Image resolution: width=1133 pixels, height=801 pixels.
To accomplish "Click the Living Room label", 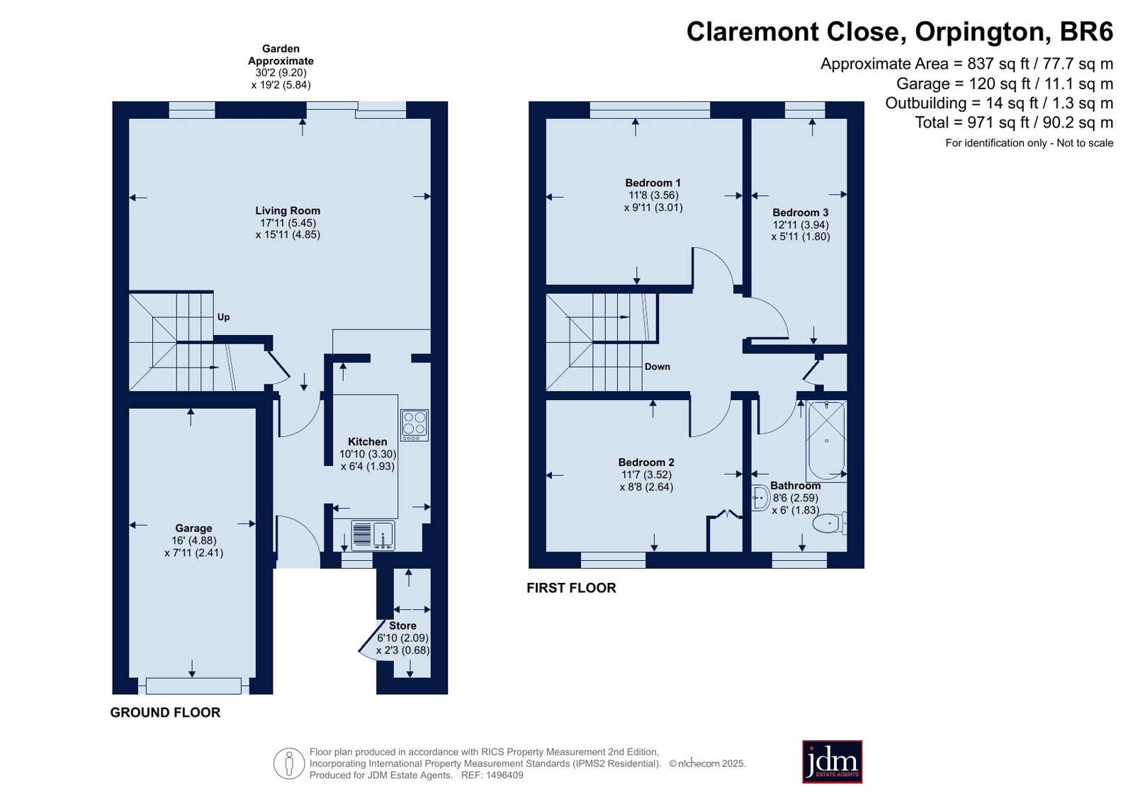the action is coord(287,210).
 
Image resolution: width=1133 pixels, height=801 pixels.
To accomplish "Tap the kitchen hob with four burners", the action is coord(415,425).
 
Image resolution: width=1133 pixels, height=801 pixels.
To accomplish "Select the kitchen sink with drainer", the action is coord(373,535).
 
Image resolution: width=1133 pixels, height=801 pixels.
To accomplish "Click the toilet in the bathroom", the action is coord(830,523).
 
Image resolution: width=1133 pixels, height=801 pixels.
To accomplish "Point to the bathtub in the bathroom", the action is coord(826,440).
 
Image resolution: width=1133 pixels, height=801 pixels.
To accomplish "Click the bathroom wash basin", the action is coord(760,498).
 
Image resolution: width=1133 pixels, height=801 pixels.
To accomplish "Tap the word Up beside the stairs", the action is coord(224,317).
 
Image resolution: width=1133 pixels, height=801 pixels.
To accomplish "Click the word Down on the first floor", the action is coord(657,367).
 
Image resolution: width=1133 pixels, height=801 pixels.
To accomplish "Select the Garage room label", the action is coord(193,528).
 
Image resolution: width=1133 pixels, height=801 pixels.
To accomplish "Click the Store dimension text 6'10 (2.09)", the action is coord(402,638).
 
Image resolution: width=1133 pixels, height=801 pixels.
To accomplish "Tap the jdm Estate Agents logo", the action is coord(832,762).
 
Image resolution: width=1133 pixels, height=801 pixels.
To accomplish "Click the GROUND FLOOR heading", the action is coord(165,712).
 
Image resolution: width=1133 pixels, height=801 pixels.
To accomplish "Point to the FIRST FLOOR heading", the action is coord(571,588).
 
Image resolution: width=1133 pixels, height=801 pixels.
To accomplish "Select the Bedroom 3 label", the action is coord(800,212).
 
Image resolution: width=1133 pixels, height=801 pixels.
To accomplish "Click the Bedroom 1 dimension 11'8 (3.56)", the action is coord(653,195).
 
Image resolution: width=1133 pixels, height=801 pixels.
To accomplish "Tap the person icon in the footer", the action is coord(289,763).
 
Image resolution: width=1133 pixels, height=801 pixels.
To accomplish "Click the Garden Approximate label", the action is coord(281,55).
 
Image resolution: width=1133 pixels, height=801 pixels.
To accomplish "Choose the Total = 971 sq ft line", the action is coord(1014,123).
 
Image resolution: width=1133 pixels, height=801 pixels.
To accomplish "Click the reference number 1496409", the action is coord(505,776).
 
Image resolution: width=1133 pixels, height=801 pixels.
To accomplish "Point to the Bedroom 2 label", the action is coord(646,462).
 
